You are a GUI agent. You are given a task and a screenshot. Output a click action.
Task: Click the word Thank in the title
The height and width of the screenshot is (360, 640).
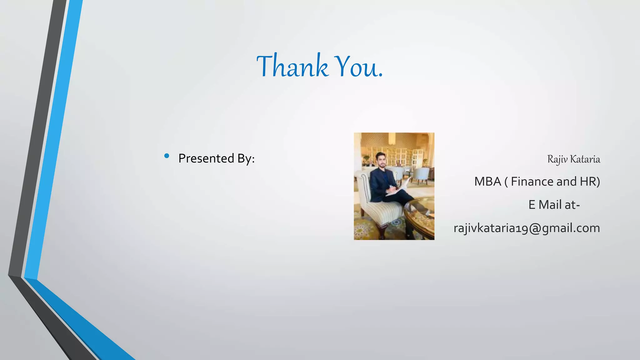(292, 66)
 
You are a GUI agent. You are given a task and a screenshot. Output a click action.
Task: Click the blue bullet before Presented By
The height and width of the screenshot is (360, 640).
(167, 156)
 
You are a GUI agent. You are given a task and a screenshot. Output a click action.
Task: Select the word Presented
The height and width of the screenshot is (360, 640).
(206, 158)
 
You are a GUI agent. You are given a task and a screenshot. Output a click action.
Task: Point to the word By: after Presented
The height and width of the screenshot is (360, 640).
(246, 159)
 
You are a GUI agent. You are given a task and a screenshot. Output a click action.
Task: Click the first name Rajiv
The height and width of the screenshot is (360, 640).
(557, 159)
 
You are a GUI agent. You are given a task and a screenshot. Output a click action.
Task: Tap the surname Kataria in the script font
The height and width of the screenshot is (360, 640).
(585, 159)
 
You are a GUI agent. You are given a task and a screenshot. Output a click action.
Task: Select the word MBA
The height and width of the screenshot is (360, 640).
(487, 182)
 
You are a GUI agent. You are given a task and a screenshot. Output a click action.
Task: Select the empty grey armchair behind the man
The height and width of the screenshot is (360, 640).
(421, 175)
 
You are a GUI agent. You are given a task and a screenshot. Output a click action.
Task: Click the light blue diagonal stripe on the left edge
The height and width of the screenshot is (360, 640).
(53, 141)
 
